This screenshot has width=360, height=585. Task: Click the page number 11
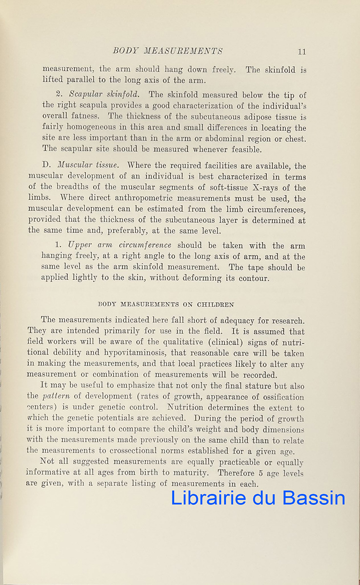tap(301, 51)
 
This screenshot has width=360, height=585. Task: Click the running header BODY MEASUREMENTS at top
tap(168, 51)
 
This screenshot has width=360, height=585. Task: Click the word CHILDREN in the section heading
tap(215, 305)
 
